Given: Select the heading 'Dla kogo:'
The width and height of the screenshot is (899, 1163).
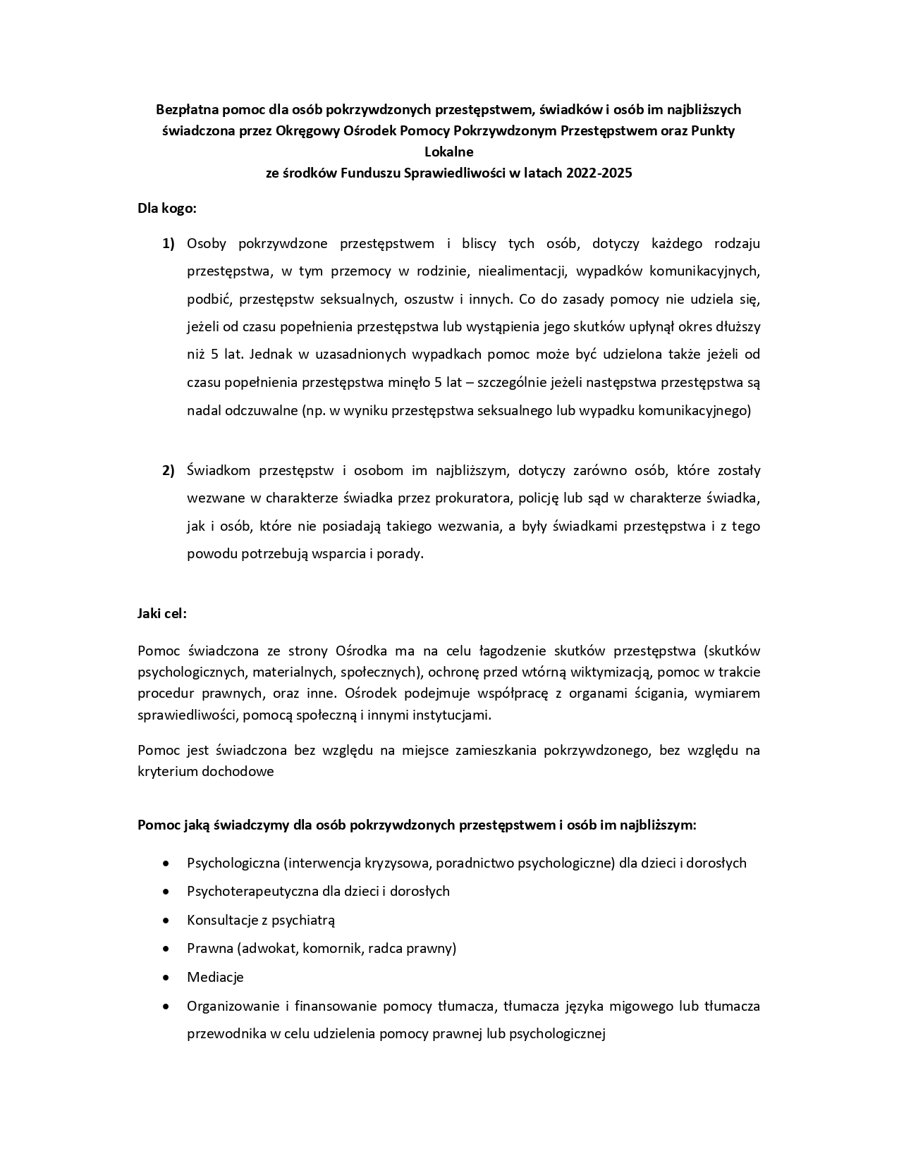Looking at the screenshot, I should coord(167,209).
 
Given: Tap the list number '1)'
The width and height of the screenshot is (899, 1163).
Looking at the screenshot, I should coord(169,244).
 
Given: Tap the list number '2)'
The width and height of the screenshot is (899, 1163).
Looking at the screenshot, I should coord(169,471).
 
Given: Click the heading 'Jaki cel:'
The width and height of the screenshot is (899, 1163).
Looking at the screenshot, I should coord(162,613).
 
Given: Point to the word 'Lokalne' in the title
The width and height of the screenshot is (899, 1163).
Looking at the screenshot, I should coord(448,152).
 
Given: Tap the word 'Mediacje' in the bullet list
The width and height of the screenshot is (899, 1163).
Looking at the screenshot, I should coord(215,978).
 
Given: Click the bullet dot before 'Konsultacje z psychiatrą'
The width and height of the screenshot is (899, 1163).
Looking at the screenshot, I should coord(166,921).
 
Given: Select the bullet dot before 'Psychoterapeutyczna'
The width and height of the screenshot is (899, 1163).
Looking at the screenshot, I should coord(166,892).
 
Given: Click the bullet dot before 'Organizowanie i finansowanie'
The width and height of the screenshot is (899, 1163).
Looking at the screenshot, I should coord(166,1007).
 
